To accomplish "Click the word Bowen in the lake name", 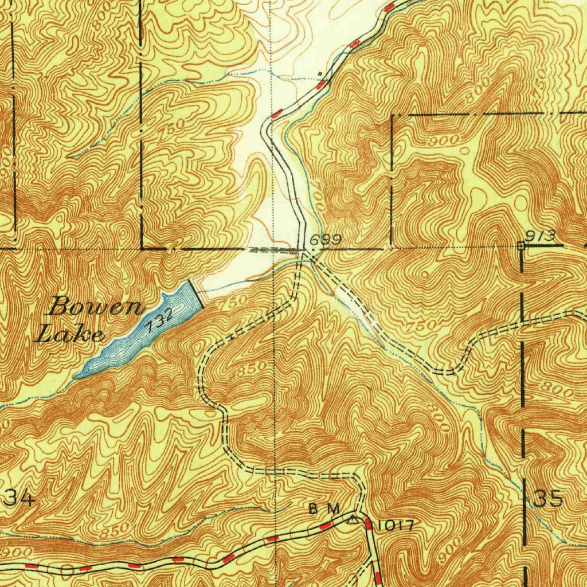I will click(x=96, y=308).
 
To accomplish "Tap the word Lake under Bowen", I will click(x=70, y=334).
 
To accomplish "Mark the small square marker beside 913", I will click(x=521, y=245).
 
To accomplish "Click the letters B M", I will click(x=324, y=508).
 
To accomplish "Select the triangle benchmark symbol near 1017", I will click(x=353, y=520).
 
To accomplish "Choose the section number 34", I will click(x=19, y=499).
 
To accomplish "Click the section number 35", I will click(x=547, y=499).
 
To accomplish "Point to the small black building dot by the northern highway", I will click(x=319, y=74).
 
